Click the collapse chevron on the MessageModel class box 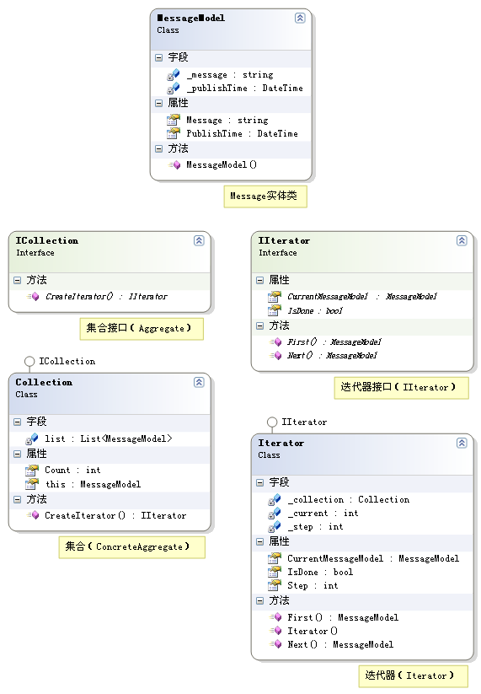[300, 19]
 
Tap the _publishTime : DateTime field [244, 88]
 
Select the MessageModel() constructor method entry [222, 164]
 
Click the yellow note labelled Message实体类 [265, 196]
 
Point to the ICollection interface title [47, 241]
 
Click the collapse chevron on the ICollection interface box [199, 241]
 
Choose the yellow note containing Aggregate [142, 328]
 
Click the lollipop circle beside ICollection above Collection [29, 362]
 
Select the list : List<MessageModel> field [109, 438]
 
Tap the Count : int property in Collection [72, 470]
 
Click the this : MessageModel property [93, 484]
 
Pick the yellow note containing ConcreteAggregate [131, 547]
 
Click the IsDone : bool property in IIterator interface [315, 310]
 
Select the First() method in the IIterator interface [334, 342]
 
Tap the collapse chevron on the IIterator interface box [462, 241]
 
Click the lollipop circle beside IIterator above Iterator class [272, 422]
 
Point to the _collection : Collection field [349, 500]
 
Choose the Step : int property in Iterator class [313, 585]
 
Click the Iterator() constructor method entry [313, 631]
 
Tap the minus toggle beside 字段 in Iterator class [259, 483]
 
